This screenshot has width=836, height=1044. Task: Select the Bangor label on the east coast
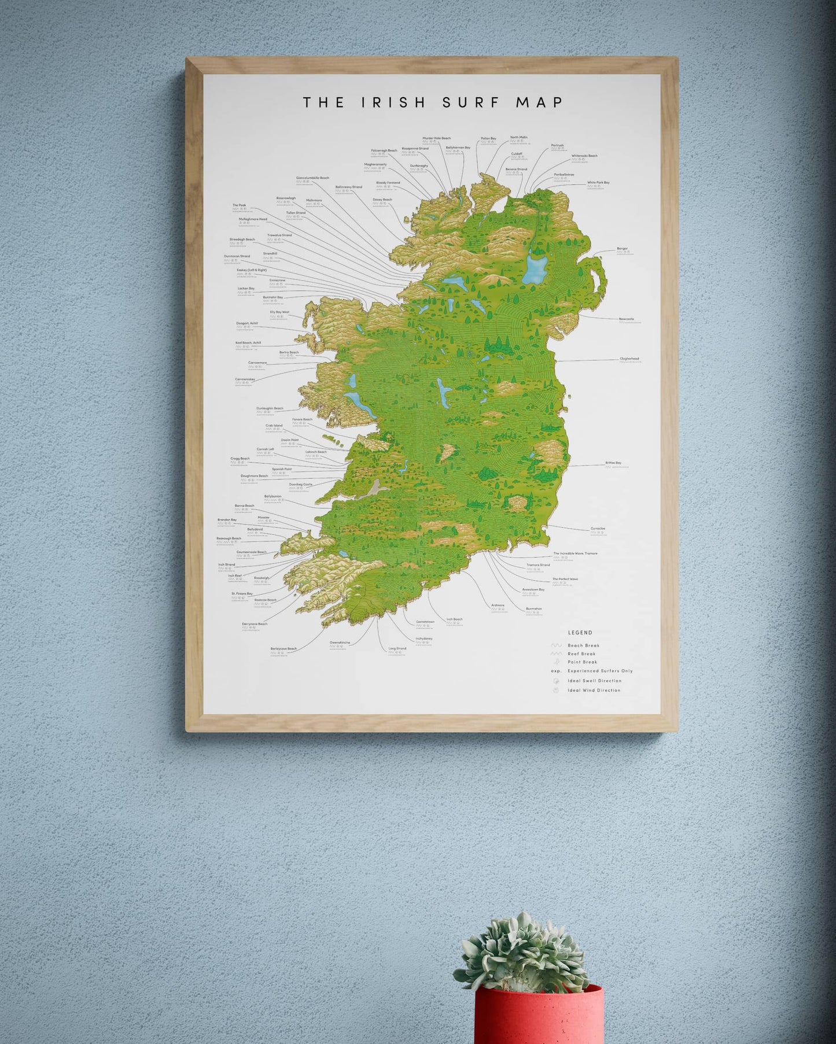[x=622, y=249]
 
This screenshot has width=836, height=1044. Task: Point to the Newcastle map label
[x=626, y=319]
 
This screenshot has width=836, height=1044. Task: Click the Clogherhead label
[x=629, y=359]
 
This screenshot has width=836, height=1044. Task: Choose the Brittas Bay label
[x=613, y=463]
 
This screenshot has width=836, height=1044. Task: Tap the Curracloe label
[x=598, y=529]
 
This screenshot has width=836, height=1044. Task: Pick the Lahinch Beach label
[x=316, y=452]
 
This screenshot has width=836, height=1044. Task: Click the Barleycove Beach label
[x=283, y=648]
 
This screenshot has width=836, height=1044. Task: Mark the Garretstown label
[x=425, y=622]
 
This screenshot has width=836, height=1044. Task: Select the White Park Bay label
[x=598, y=183]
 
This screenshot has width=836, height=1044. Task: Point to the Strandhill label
[x=270, y=253]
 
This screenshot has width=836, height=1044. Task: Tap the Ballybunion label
[x=273, y=496]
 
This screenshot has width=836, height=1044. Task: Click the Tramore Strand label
[x=538, y=565]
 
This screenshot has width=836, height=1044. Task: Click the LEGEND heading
[x=580, y=633]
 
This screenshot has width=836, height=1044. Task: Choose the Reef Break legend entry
[x=581, y=654]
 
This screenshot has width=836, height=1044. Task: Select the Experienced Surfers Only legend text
[x=600, y=671]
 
